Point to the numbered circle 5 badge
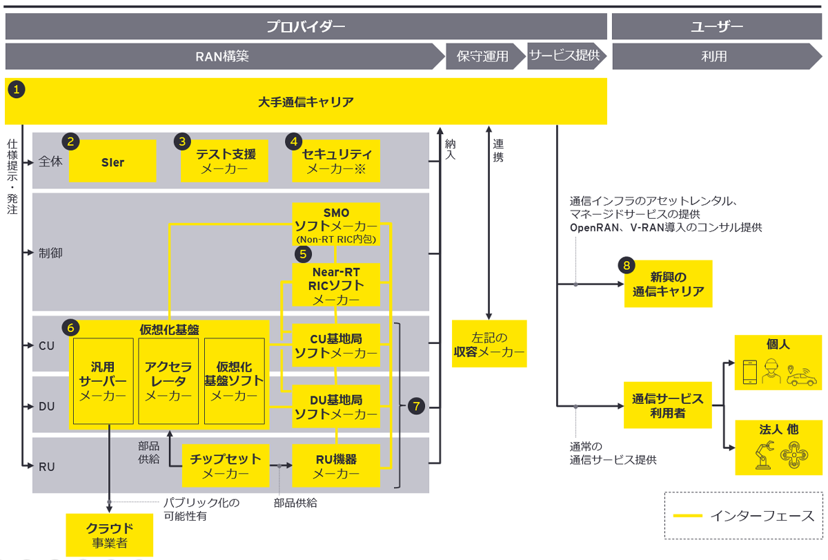pyautogui.click(x=302, y=253)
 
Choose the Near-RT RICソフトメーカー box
pyautogui.click(x=336, y=284)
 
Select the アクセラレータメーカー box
pyautogui.click(x=168, y=380)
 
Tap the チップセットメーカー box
pyautogui.click(x=225, y=465)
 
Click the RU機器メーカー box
pyautogui.click(x=336, y=465)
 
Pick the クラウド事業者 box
pyautogui.click(x=110, y=534)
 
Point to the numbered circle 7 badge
pyautogui.click(x=416, y=406)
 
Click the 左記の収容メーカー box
pyautogui.click(x=489, y=344)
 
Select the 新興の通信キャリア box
pyautogui.click(x=668, y=283)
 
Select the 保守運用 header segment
pyautogui.click(x=483, y=56)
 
